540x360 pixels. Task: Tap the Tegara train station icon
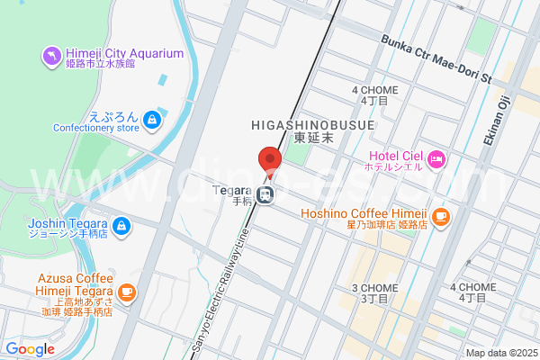click(x=266, y=193)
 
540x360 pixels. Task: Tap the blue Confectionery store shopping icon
click(x=154, y=118)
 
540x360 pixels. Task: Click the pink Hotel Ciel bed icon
click(x=436, y=159)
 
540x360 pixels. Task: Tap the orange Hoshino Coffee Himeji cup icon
click(x=439, y=216)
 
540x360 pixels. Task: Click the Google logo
click(x=30, y=348)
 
